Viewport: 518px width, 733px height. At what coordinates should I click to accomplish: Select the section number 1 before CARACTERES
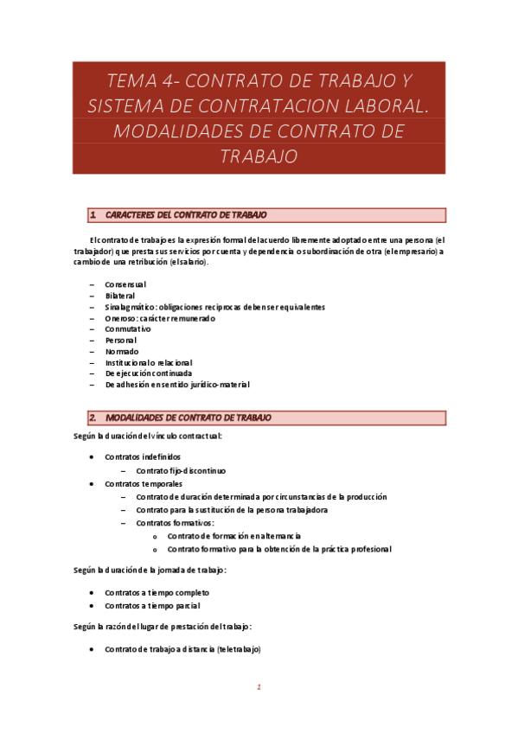[x=93, y=215]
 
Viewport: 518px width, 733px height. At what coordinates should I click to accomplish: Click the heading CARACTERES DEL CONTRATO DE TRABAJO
[x=186, y=215]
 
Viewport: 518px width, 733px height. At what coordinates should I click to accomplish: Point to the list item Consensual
[x=125, y=284]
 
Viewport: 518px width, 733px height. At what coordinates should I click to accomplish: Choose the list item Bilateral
[x=121, y=296]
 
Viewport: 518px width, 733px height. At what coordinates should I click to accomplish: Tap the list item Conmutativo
[x=128, y=329]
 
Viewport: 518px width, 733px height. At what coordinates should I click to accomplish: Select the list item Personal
[x=121, y=341]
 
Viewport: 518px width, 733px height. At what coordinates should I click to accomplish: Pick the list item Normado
[x=121, y=352]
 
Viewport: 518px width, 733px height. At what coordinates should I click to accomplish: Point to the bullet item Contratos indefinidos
[x=143, y=456]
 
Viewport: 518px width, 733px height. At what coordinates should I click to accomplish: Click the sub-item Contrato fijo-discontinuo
[x=181, y=471]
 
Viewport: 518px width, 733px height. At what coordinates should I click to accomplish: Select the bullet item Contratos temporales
[x=142, y=484]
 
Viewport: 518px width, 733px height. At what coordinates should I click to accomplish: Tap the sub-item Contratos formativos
[x=176, y=523]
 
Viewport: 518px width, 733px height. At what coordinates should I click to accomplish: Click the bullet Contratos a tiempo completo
[x=157, y=593]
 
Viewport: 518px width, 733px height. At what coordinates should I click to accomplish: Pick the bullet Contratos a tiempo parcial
[x=151, y=606]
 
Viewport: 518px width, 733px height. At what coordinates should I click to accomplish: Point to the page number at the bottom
[x=258, y=688]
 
